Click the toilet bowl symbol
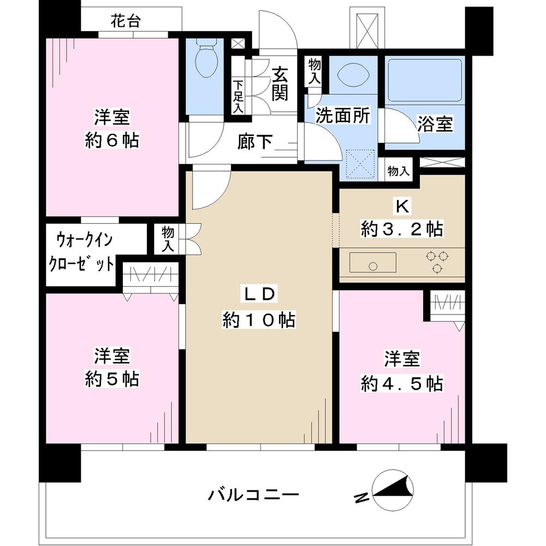[x=206, y=62]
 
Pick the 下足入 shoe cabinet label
[x=239, y=97]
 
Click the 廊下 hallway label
[x=256, y=143]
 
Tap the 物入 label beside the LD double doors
[x=168, y=239]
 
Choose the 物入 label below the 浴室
[x=398, y=171]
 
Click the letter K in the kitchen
[x=402, y=206]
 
